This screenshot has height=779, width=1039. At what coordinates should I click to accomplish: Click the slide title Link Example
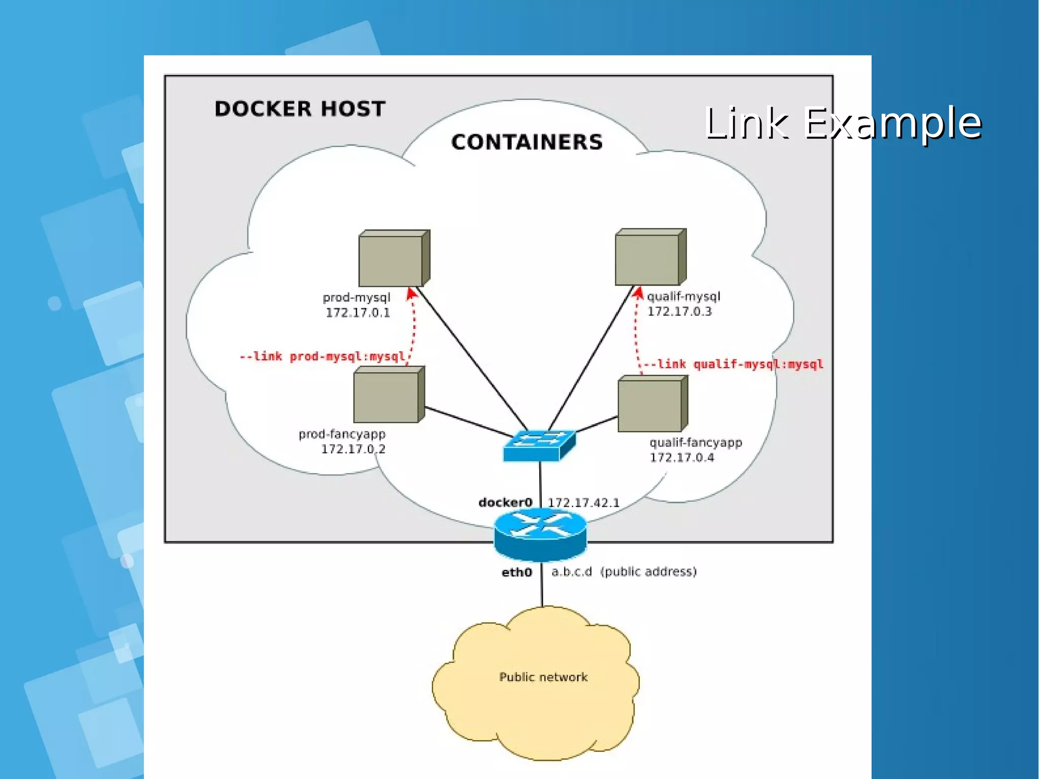point(842,123)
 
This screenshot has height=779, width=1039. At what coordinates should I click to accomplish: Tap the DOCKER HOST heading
point(300,109)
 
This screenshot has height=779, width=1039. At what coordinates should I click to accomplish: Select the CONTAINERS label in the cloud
point(527,142)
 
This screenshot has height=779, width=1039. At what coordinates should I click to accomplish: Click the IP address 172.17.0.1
point(358,313)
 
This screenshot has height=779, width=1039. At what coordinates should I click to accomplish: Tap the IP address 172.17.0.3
point(679,312)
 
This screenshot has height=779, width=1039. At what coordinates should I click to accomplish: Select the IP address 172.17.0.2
point(353,449)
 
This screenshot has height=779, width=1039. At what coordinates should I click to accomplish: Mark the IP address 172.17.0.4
point(682,458)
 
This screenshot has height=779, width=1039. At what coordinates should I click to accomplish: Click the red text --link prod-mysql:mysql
point(322,357)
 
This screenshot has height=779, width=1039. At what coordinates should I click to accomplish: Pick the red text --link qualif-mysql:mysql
point(733,364)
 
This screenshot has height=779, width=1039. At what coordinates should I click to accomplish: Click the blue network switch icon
point(539,446)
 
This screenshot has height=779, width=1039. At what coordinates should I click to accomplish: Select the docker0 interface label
point(505,502)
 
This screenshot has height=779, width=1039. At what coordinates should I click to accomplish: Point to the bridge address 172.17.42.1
point(583,503)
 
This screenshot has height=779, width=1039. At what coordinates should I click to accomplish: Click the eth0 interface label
point(516,572)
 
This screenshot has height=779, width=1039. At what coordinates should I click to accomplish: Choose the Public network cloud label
point(543,677)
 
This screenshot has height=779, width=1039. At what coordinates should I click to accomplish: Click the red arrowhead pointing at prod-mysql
point(411,293)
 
